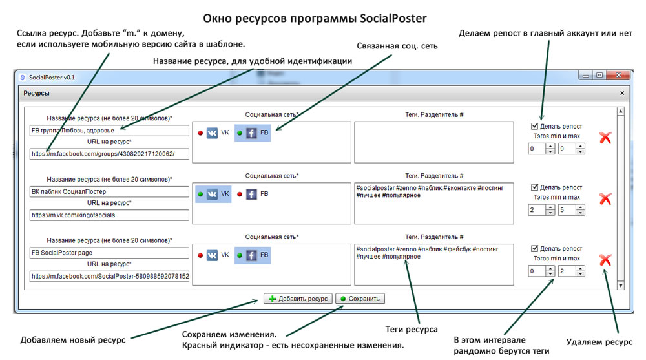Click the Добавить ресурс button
pos(298,299)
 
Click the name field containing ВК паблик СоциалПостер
pos(109,192)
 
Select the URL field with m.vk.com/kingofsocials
pos(109,215)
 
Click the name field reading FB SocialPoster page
pos(109,253)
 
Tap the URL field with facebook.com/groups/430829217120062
pos(109,154)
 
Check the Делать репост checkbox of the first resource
pos(534,126)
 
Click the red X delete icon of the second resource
pos(605,199)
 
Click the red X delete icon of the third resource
pos(605,260)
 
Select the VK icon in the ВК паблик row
pos(212,194)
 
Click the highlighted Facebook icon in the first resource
pos(251,132)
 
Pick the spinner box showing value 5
pos(572,210)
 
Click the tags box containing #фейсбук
pos(434,264)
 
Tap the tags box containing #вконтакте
pos(434,204)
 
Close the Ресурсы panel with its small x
pos(622,93)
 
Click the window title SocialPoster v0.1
pos(52,77)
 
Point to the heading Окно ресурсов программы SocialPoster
pos(315,19)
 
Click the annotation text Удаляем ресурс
pos(599,342)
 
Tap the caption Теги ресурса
pos(411,329)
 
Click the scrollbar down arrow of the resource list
pos(620,285)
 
